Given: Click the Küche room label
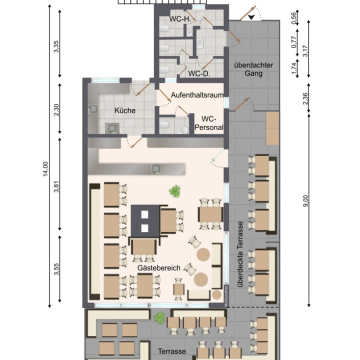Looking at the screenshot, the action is [125, 110].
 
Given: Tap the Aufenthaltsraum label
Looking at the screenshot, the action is [197, 95].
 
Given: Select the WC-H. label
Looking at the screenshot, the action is [180, 19].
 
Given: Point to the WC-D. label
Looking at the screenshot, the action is [199, 73].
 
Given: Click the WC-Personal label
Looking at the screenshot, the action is [209, 123].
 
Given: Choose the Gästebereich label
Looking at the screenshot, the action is [159, 268].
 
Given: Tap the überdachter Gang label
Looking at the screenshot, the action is [253, 69].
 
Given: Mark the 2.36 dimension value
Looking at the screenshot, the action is [306, 98].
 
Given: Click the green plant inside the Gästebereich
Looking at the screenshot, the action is [175, 191].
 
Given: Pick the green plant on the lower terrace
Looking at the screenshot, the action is [159, 318].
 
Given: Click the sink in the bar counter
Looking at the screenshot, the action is [156, 169].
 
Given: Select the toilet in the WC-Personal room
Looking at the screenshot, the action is [165, 125].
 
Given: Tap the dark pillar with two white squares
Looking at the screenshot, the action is [145, 221].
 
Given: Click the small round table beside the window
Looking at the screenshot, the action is [217, 295].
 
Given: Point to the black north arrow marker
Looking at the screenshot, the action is [251, 18].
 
